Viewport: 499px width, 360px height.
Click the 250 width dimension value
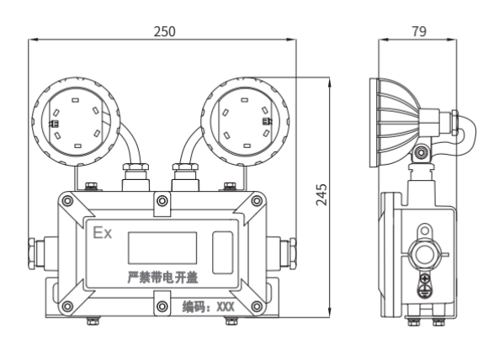coord(165,31)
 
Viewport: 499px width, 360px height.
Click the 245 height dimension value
coord(321,194)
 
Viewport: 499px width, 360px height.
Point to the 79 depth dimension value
coord(419,31)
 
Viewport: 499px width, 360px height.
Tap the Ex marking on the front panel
coord(102,233)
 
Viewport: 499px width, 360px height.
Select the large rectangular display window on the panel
coord(162,248)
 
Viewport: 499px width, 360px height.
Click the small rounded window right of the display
coord(222,252)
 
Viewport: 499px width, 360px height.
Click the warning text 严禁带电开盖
coord(162,278)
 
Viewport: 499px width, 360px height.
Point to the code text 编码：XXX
coord(209,307)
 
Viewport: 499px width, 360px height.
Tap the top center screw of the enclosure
coord(162,201)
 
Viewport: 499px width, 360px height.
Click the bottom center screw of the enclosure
coord(162,306)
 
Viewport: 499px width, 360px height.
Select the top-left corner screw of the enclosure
coord(67,201)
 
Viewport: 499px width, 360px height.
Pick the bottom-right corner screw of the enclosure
coord(257,306)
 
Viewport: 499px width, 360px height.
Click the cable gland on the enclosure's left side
coord(39,253)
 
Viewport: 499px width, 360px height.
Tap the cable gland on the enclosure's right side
coord(282,253)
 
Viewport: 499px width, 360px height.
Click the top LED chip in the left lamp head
coord(75,100)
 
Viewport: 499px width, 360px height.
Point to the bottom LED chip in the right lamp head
coord(247,146)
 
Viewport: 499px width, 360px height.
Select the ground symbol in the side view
coord(424,291)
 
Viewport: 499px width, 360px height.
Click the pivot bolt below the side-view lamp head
coord(422,153)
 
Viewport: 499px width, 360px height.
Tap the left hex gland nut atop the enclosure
coord(135,167)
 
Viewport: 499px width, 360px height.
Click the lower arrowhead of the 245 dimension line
coord(330,312)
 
